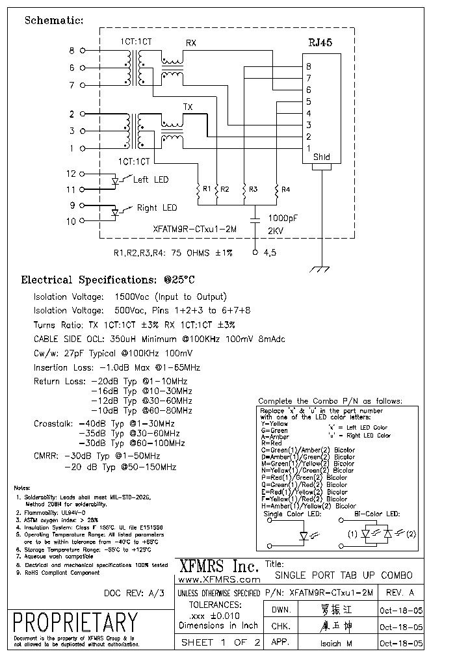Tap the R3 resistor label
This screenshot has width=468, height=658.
click(253, 189)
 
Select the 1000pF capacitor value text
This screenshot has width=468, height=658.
click(284, 218)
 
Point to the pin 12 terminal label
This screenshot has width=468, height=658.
click(71, 174)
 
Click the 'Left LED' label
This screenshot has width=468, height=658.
click(150, 179)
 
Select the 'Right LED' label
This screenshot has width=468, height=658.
click(157, 208)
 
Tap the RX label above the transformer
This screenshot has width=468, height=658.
click(192, 44)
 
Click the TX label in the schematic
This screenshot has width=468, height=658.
click(188, 106)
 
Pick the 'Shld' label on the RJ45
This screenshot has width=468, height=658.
click(321, 157)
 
